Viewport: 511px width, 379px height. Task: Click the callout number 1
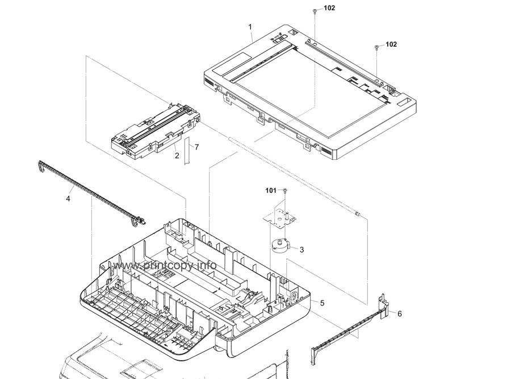click(x=250, y=27)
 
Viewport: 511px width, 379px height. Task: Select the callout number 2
click(x=177, y=155)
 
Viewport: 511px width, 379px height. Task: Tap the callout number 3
click(x=301, y=249)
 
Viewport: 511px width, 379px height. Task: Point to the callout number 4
click(x=68, y=199)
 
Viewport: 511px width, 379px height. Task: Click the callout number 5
click(x=322, y=303)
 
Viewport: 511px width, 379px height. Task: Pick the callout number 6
click(x=399, y=314)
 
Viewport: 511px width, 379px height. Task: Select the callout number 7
click(x=196, y=147)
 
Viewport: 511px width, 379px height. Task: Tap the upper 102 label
click(x=329, y=9)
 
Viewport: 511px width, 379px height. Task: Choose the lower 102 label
click(x=391, y=44)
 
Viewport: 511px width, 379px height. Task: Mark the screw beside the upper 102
click(x=315, y=11)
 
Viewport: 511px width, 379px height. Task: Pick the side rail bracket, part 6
click(x=352, y=330)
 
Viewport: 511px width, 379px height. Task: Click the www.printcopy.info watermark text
click(x=165, y=266)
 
